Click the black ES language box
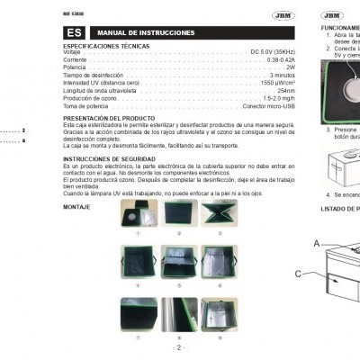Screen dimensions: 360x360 74,32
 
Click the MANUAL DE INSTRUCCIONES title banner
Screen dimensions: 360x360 135,32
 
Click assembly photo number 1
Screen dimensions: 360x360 139,213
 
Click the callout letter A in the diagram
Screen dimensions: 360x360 316,243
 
